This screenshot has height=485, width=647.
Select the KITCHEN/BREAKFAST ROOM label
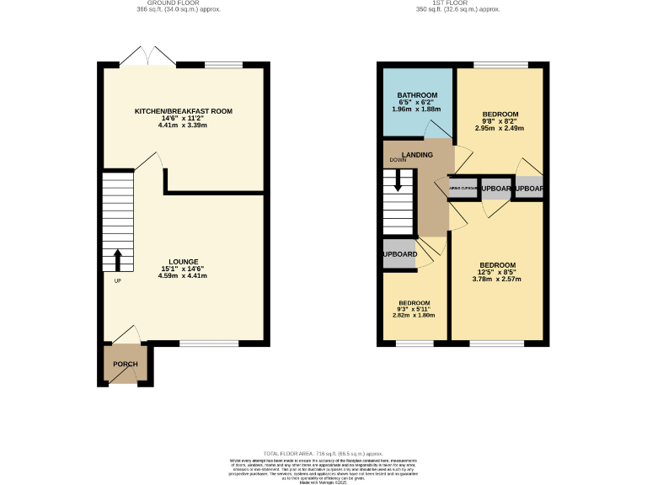pyautogui.click(x=183, y=111)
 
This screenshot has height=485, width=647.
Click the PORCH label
pyautogui.click(x=126, y=364)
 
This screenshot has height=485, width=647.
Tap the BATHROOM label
pyautogui.click(x=417, y=94)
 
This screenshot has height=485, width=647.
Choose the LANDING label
pyautogui.click(x=418, y=155)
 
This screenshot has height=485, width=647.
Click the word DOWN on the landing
pyautogui.click(x=398, y=160)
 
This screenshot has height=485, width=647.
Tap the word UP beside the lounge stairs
pyautogui.click(x=117, y=280)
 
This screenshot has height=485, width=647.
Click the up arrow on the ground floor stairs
pyautogui.click(x=118, y=258)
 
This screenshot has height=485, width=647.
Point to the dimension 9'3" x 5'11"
pyautogui.click(x=414, y=309)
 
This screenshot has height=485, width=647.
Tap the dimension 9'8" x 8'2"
pyautogui.click(x=500, y=121)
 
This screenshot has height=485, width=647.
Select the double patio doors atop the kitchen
pyautogui.click(x=147, y=57)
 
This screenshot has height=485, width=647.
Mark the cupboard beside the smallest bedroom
pyautogui.click(x=399, y=254)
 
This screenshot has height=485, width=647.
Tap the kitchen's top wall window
pyautogui.click(x=223, y=65)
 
